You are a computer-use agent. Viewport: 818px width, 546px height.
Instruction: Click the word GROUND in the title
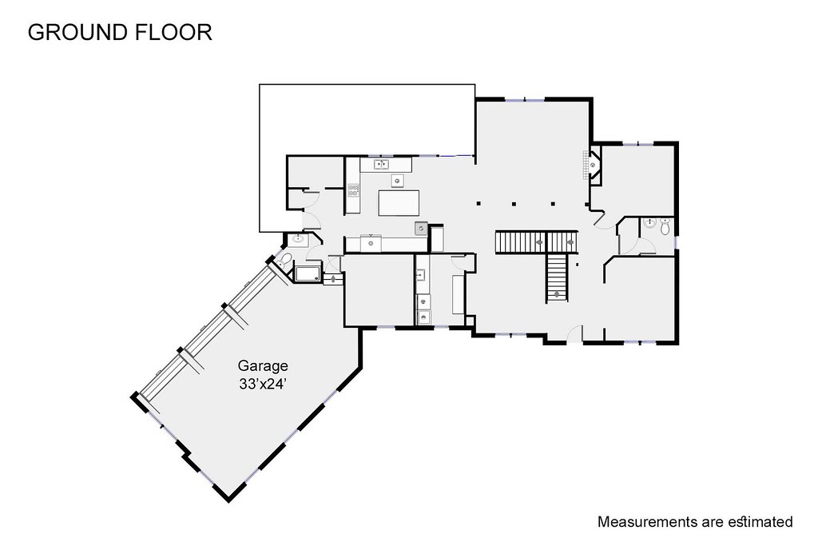click(x=77, y=32)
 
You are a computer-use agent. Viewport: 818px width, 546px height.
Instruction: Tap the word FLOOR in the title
click(x=173, y=32)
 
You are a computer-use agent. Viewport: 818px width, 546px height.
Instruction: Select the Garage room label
click(x=263, y=366)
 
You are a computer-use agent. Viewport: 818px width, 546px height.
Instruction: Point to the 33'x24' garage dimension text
click(x=264, y=385)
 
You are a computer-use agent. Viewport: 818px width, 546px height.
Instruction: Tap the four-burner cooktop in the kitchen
click(x=354, y=190)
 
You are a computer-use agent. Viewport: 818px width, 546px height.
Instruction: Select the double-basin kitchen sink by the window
click(x=381, y=165)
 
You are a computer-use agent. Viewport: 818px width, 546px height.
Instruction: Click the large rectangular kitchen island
click(x=399, y=203)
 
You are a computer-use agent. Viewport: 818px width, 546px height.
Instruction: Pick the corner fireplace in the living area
click(x=594, y=164)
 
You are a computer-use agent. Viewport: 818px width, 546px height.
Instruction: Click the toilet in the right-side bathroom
click(x=665, y=226)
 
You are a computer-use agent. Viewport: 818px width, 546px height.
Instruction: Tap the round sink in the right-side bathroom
click(x=649, y=223)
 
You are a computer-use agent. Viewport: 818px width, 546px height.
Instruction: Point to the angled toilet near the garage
click(x=285, y=261)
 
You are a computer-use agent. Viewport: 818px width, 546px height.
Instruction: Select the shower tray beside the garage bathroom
click(x=308, y=273)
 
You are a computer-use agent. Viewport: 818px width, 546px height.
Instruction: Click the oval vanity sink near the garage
click(x=299, y=239)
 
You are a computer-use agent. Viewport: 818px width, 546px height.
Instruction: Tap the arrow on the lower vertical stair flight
click(x=557, y=294)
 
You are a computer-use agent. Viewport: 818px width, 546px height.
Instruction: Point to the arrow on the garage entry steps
click(x=332, y=279)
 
